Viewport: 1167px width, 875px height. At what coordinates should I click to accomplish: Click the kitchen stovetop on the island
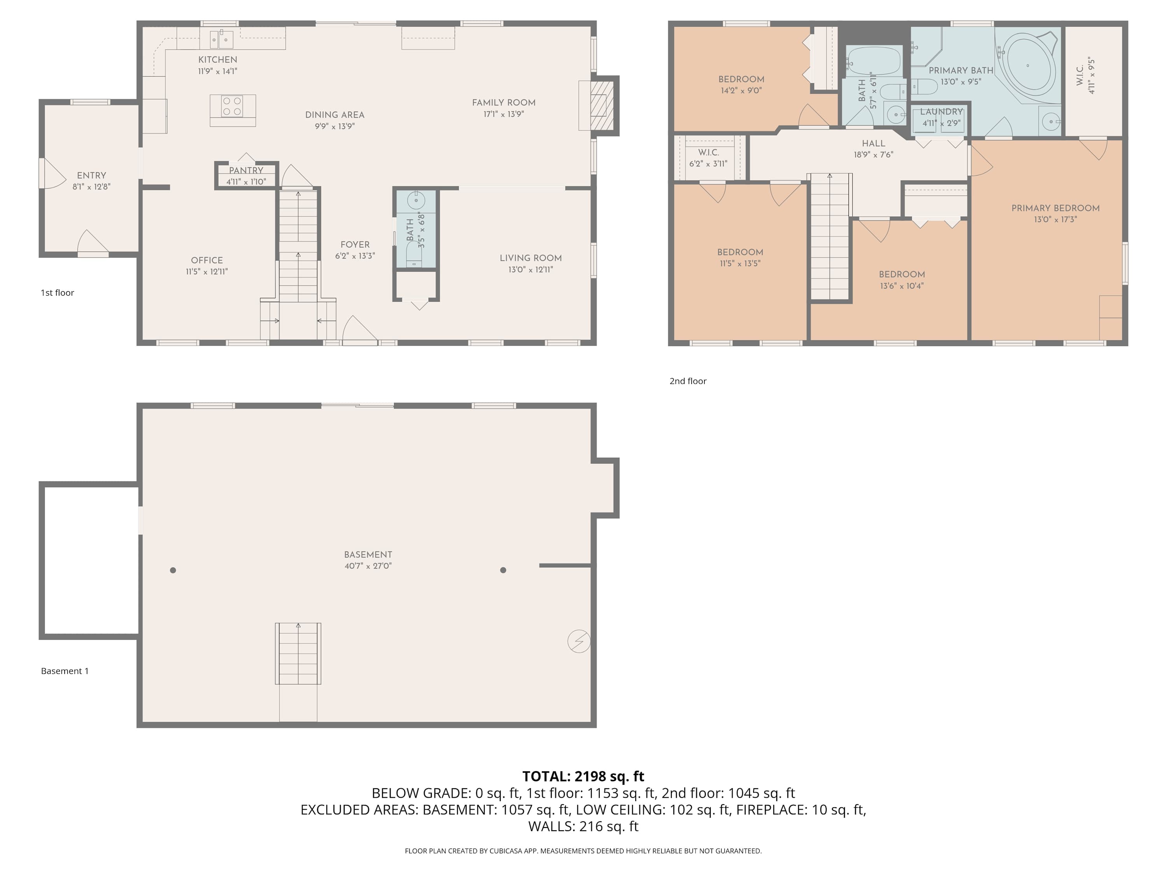click(x=232, y=105)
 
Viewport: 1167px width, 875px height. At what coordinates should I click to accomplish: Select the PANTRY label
click(x=246, y=170)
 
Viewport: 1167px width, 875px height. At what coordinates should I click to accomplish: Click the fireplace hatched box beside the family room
click(x=602, y=112)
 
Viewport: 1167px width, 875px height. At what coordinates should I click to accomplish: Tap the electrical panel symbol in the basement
click(x=579, y=641)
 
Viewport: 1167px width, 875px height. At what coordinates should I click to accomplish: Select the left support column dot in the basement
click(x=173, y=570)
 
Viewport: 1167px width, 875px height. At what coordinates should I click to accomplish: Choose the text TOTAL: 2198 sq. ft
click(x=583, y=776)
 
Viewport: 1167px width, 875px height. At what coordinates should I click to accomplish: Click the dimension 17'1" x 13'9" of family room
click(x=503, y=114)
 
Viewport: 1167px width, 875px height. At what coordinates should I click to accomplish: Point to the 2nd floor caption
click(x=687, y=381)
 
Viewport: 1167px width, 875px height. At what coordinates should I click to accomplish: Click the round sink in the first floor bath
click(x=416, y=200)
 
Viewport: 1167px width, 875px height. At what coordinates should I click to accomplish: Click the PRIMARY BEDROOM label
click(x=1055, y=208)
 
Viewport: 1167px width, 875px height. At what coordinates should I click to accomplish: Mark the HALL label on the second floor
click(x=873, y=143)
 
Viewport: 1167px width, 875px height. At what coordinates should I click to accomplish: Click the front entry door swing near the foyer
click(x=359, y=330)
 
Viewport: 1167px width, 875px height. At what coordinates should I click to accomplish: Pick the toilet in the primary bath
click(x=924, y=86)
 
